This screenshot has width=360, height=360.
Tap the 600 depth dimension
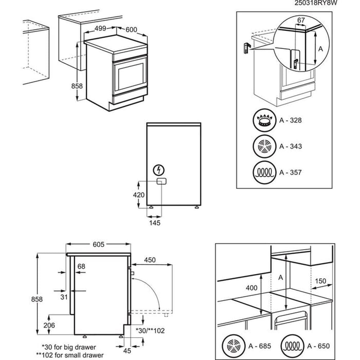pyautogui.click(x=131, y=30)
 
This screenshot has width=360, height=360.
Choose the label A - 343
pyautogui.click(x=291, y=147)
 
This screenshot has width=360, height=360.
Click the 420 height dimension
pyautogui.click(x=139, y=195)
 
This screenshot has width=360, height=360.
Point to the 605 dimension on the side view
pyautogui.click(x=98, y=244)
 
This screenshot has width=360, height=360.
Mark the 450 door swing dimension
pyautogui.click(x=150, y=260)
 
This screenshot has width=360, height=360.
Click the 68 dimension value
pyautogui.click(x=81, y=266)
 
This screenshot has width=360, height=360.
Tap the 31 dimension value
pyautogui.click(x=64, y=297)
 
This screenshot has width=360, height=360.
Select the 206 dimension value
pyautogui.click(x=49, y=325)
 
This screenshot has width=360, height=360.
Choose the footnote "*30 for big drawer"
pyautogui.click(x=69, y=347)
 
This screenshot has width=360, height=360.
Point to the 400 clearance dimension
pyautogui.click(x=252, y=288)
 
